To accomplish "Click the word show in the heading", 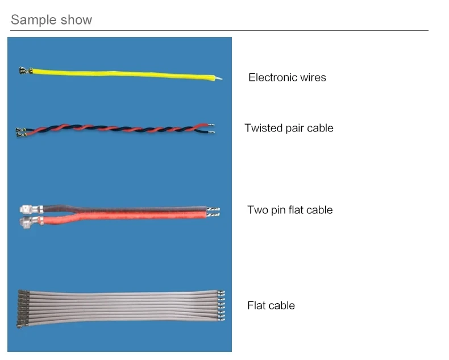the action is (75, 20).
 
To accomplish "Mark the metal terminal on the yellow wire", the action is (23, 71).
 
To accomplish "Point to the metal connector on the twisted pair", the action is (22, 133).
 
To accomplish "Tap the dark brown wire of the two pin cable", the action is (125, 207).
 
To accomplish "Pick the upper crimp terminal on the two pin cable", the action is (28, 208).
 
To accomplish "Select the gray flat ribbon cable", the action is (119, 305).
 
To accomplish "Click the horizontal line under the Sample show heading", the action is (219, 30).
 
